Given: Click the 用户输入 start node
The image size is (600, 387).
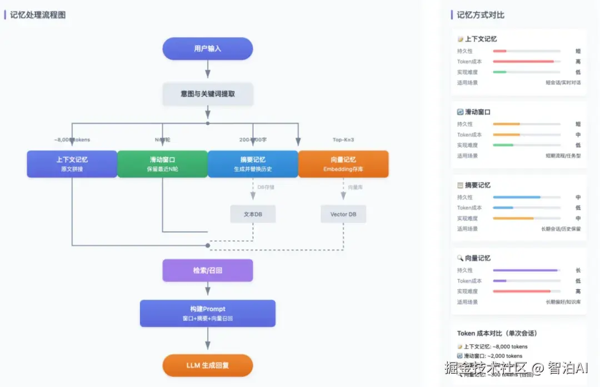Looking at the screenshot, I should coord(207,48).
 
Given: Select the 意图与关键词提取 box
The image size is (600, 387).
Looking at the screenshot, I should coord(208,94).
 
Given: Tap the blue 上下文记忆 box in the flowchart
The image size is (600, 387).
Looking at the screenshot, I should coord(72,164).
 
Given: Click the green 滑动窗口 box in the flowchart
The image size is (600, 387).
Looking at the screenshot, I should coord(162,164).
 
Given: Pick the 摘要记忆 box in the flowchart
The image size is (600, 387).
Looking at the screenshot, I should coord(253,164).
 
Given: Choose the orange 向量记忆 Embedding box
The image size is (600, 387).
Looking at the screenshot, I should coord(343,164).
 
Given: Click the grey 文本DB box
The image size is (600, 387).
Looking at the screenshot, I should coord(253,214).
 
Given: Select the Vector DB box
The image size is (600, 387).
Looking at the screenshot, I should coord(343,214).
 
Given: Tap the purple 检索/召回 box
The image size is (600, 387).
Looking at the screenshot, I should coord(207,270).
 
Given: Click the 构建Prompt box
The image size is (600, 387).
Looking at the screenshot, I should coord(207,313).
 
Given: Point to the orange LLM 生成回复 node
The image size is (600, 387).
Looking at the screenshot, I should coord(207,366).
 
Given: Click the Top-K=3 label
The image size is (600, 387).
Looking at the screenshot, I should coord(343,140).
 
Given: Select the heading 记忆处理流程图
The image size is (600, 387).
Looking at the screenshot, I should coord(38,15).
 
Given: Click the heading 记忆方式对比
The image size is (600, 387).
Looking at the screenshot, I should coord(481,15).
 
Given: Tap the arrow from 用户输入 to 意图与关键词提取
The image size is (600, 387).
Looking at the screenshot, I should coord(208,69).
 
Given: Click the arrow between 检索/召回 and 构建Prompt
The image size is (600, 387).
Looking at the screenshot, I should coord(208,289).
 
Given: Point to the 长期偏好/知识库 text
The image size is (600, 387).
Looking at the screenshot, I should coord(563,302).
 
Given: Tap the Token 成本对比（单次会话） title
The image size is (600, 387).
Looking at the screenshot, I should coord(497,333).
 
